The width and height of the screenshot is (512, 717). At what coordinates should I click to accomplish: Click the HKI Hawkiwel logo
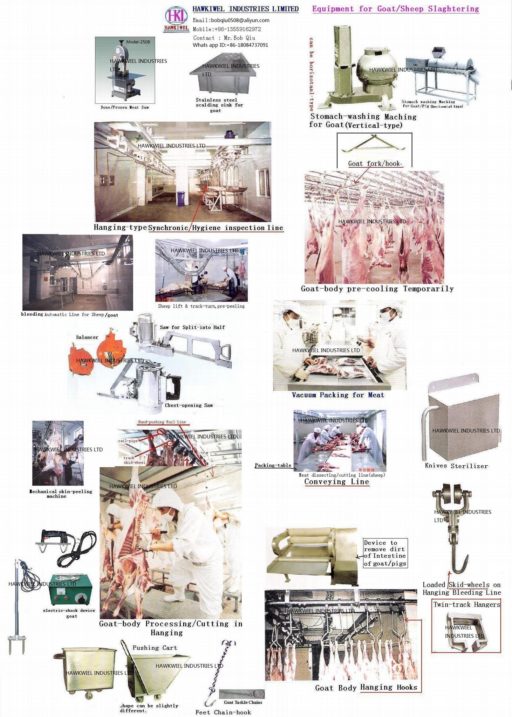176,19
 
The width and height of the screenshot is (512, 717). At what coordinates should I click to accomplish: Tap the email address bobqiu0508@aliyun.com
231,20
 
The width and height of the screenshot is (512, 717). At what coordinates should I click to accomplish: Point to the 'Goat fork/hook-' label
375,163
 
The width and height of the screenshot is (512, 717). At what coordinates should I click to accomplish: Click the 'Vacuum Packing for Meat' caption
338,395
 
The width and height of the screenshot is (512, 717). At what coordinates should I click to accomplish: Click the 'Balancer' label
87,337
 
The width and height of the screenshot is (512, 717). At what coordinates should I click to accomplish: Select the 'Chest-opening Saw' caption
189,405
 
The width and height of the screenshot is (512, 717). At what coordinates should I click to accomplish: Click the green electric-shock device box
71,590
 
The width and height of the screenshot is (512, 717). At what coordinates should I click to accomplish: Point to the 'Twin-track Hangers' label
466,605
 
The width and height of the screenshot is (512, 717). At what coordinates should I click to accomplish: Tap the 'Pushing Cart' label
155,648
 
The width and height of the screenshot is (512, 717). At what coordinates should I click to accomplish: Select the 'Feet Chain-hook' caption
223,712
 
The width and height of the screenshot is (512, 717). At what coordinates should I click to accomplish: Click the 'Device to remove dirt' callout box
385,553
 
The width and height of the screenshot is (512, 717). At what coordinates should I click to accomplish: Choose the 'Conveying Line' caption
336,482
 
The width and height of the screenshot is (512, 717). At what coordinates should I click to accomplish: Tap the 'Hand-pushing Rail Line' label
162,422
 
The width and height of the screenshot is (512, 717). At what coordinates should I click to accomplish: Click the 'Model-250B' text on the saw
138,42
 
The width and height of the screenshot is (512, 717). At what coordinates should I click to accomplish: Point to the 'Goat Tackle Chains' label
243,702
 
